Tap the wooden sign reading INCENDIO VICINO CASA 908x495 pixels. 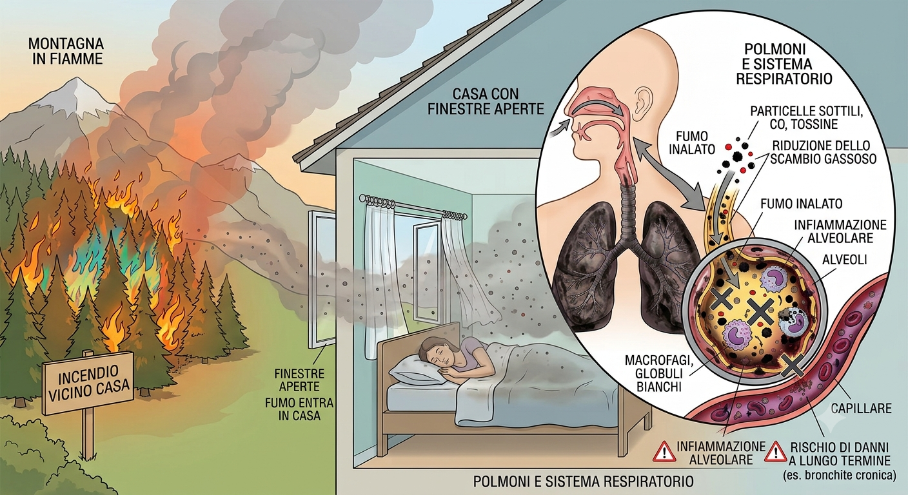(88, 382)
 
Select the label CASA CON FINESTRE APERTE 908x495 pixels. (486, 101)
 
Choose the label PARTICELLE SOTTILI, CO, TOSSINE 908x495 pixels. (806, 117)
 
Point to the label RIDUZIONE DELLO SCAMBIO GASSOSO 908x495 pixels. (824, 152)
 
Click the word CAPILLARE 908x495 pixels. (861, 409)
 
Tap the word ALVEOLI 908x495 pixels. (845, 259)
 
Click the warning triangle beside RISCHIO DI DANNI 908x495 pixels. (775, 452)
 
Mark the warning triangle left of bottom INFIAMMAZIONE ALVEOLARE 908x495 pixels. (664, 452)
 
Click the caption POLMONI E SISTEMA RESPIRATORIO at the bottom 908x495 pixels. (584, 481)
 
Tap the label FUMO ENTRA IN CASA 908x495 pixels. (299, 409)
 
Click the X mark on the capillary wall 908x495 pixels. (793, 365)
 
